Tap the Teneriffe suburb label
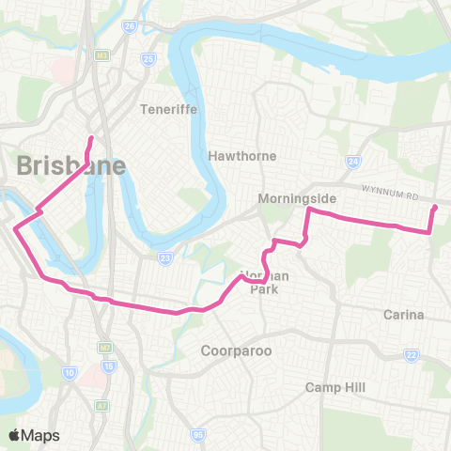[x=165, y=108]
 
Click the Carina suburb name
[x=406, y=314]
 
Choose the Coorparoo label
[x=236, y=350]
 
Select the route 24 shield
[x=352, y=162]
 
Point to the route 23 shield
[x=165, y=257]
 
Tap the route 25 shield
[x=148, y=60]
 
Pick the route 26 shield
[x=130, y=26]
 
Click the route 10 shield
[x=70, y=374]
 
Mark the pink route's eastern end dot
[x=434, y=208]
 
